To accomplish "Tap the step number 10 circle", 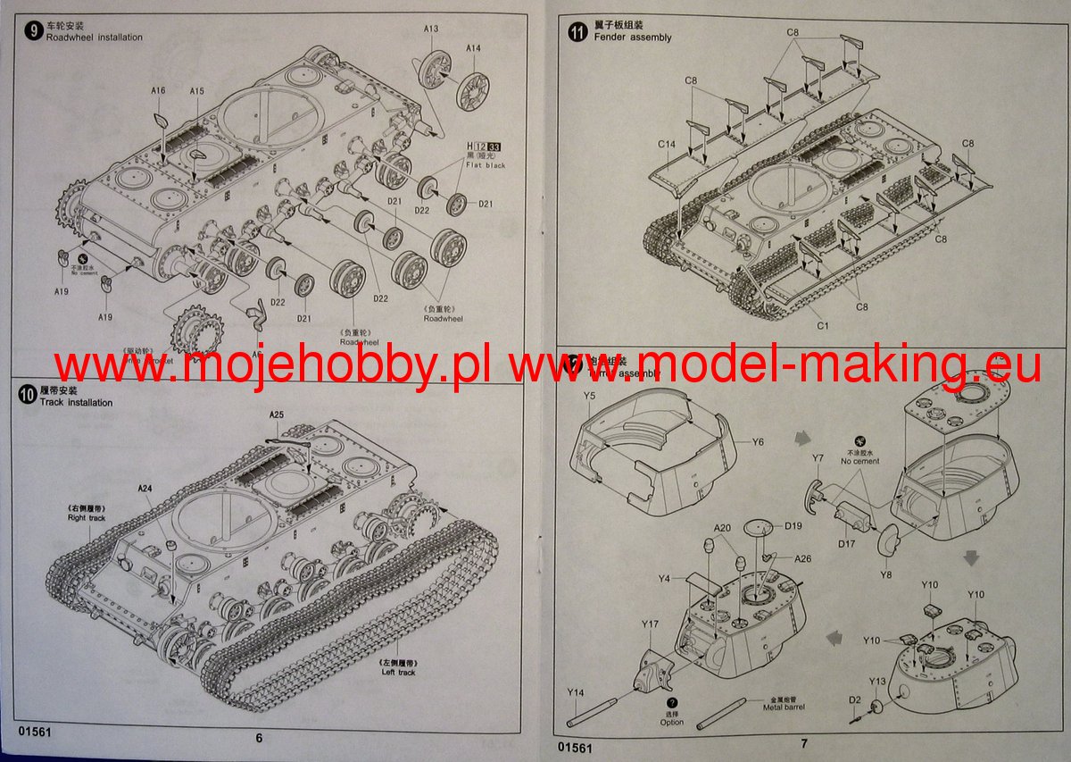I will point(27,396).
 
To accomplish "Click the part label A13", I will point(431,29).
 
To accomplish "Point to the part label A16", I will point(158,90).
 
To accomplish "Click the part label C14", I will point(667,144).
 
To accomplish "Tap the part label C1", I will point(822,326).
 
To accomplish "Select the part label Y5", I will point(590,395).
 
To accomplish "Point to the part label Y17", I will point(650,624).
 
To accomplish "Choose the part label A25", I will point(277,415).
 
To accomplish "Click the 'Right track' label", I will point(87,518).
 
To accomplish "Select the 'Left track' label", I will point(398,672).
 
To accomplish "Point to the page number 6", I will point(259,738).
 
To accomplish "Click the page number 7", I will point(803,743).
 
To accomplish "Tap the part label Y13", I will point(877,682).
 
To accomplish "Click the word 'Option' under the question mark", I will point(672,722).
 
